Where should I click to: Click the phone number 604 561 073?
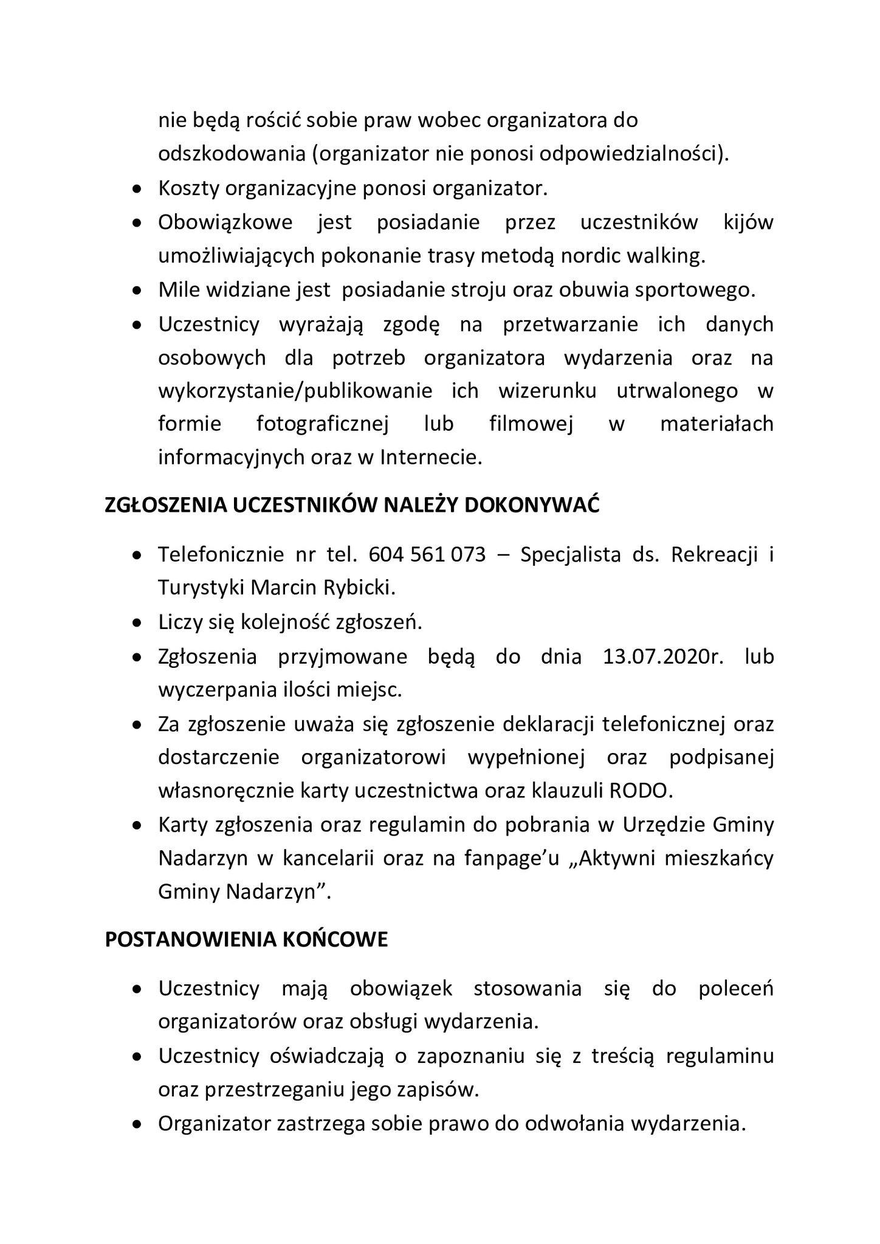click(x=427, y=555)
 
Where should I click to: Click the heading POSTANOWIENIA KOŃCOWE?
click(x=246, y=940)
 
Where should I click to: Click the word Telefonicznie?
click(x=221, y=555)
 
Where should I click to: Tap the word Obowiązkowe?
click(x=225, y=222)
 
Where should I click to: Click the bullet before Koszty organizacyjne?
click(x=139, y=190)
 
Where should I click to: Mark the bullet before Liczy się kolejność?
click(x=139, y=624)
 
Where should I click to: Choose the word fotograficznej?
click(x=322, y=424)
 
